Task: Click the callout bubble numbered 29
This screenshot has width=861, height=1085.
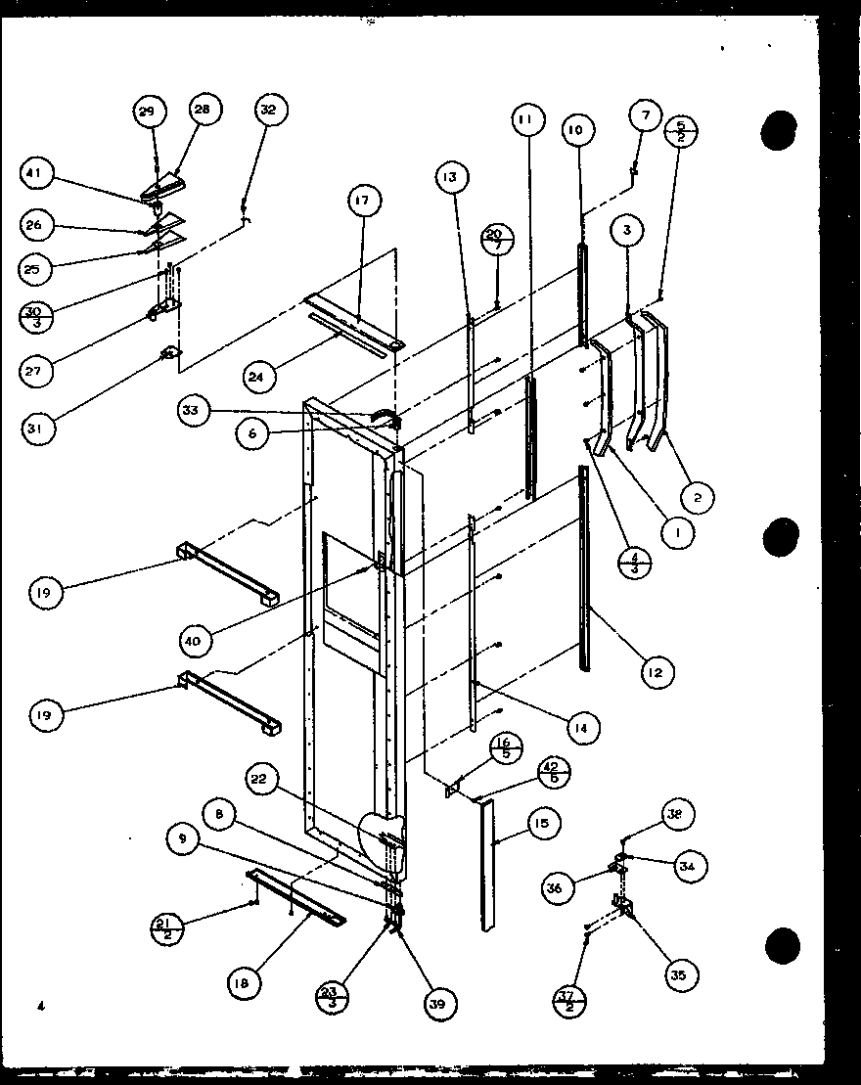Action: click(147, 113)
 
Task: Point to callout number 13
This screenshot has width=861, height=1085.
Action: click(449, 178)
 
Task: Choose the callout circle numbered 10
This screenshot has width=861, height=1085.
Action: click(575, 130)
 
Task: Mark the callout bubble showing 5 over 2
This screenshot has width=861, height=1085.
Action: click(680, 131)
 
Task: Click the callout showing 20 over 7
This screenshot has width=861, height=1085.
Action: click(496, 240)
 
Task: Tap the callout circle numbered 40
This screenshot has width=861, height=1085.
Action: click(198, 641)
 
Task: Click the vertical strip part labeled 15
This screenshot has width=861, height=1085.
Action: click(486, 861)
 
